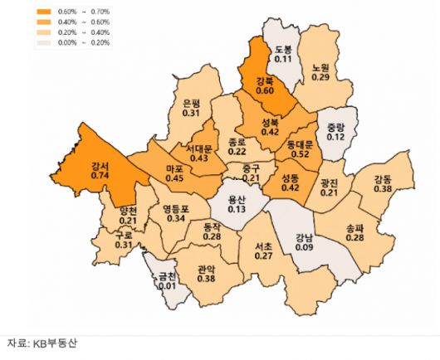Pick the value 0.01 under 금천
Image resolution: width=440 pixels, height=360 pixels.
coord(169,286)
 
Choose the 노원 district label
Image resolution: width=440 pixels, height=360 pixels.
coord(321,67)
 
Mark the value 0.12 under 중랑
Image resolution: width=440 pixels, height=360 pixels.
coord(335,136)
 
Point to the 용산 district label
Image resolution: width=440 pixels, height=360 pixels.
coord(237,200)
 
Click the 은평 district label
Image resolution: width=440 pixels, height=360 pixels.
coord(190,103)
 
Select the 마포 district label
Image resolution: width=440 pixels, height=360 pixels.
coord(175,166)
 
